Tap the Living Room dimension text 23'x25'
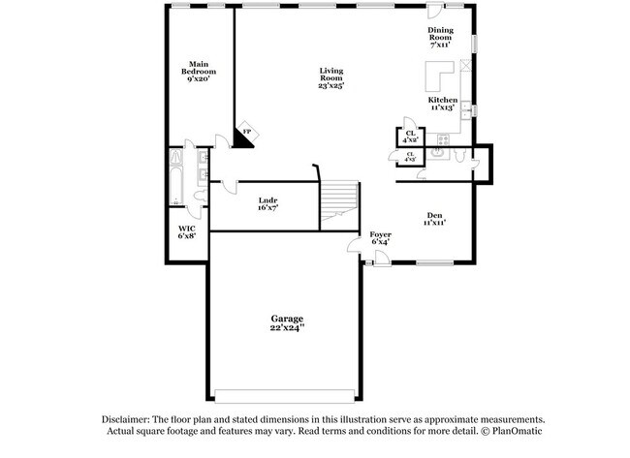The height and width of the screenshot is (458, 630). tap(331, 85)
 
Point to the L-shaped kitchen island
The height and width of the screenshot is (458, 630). tap(437, 77)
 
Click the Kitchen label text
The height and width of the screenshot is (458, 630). tap(443, 100)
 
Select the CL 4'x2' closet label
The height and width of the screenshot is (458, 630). tap(411, 136)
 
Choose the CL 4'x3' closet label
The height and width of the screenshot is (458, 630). tap(411, 156)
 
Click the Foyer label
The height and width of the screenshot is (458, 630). tap(380, 235)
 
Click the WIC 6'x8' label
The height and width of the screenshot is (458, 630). tap(186, 232)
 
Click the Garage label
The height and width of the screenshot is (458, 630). tap(287, 319)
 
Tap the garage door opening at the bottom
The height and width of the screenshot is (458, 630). tap(286, 395)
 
